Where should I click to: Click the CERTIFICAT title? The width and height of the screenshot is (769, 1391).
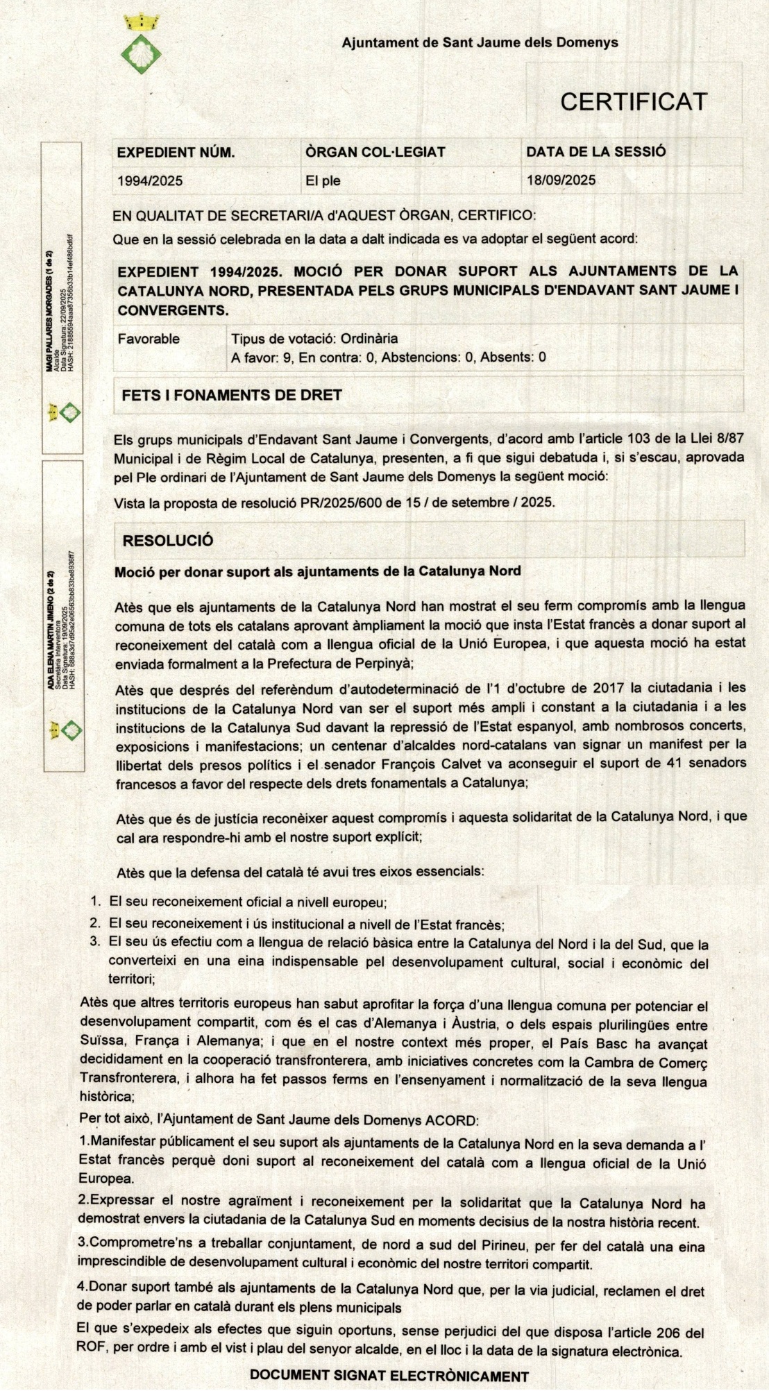633,102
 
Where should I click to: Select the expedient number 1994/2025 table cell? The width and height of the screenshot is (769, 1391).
150,181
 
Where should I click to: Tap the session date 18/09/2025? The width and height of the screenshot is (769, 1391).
561,180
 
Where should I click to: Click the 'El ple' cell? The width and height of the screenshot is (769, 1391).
323,181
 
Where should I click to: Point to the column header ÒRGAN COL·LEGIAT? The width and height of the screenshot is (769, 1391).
375,152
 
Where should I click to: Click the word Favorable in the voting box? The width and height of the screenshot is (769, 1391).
149,339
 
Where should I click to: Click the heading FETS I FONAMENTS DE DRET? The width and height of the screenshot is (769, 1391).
232,395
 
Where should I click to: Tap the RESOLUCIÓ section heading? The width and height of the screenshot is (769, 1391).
168,541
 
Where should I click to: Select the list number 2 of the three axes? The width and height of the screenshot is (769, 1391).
96,923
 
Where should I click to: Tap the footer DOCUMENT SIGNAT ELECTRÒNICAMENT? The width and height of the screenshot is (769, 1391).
389,1376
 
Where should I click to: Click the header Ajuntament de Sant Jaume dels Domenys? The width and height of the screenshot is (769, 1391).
480,42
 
